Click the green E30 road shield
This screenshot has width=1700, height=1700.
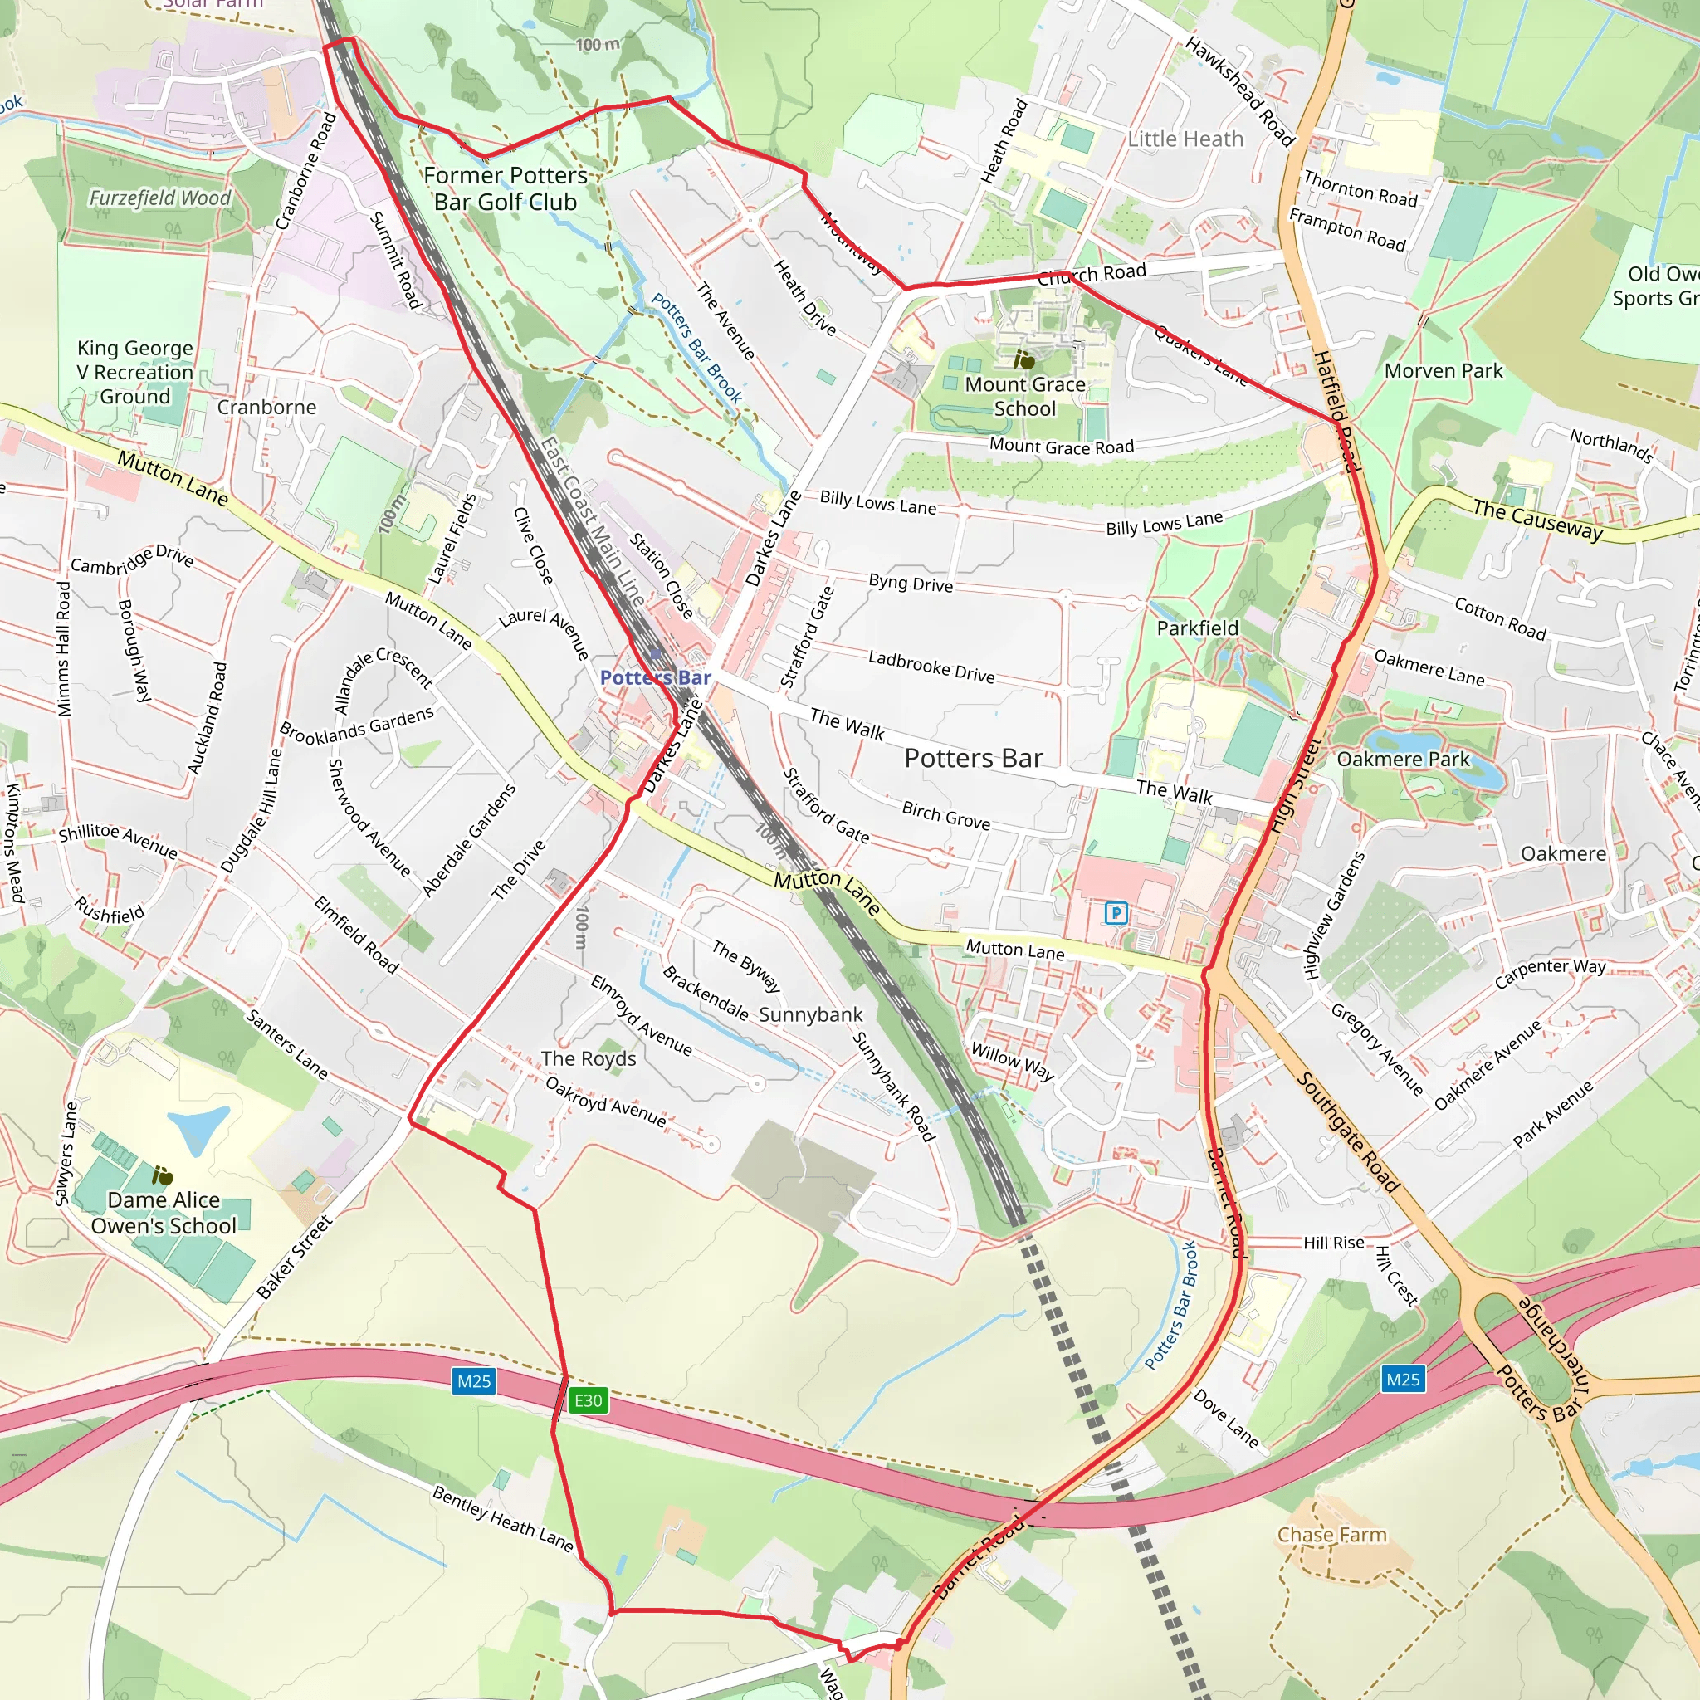pos(588,1400)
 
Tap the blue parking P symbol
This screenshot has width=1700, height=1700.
pos(1116,912)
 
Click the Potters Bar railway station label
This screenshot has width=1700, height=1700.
pos(655,677)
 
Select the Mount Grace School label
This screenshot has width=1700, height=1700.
pos(1025,397)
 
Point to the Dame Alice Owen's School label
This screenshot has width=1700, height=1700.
pos(164,1213)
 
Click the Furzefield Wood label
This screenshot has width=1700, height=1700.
pos(159,198)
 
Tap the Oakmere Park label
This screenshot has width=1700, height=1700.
pos(1403,760)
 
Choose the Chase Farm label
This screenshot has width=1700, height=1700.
pos(1331,1535)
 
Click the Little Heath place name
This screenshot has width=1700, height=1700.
pos(1185,139)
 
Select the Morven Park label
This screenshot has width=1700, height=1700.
pos(1443,370)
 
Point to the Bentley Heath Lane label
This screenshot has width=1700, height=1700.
pos(502,1518)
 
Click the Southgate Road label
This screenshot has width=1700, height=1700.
pos(1347,1131)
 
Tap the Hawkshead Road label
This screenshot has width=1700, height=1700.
pos(1239,90)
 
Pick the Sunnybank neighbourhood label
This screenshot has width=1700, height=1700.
pos(810,1014)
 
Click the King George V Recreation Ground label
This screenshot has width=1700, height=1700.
pos(134,372)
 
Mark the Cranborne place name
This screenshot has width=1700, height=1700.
pos(266,408)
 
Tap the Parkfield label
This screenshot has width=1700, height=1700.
pos(1197,628)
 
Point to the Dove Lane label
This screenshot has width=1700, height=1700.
pos(1226,1419)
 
